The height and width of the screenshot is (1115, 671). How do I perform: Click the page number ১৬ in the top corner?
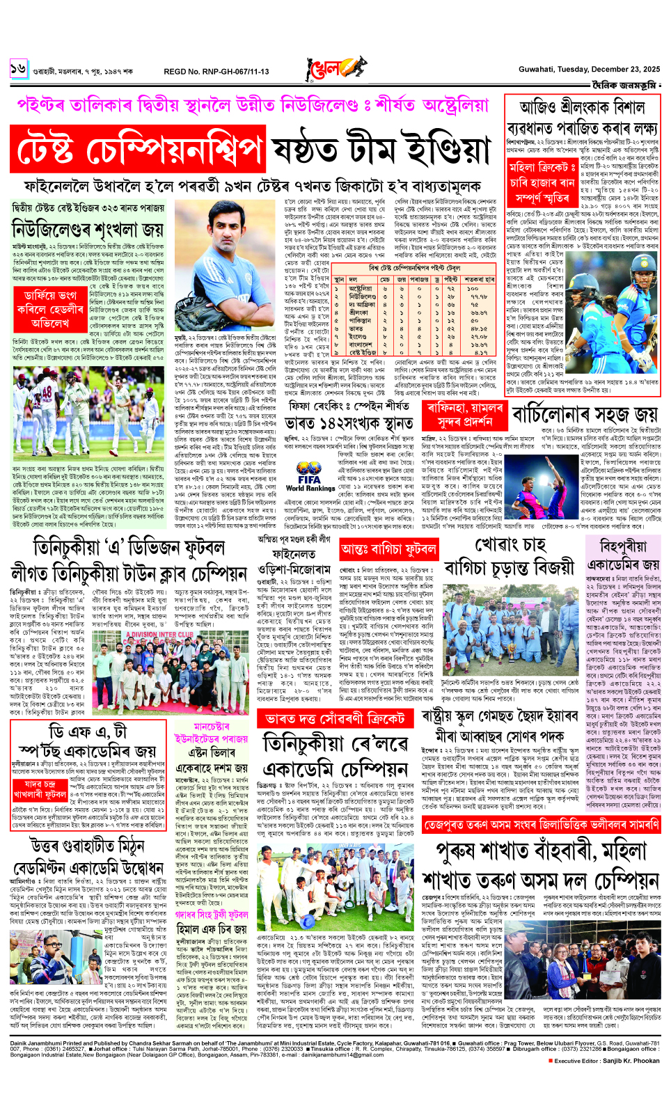pyautogui.click(x=18, y=69)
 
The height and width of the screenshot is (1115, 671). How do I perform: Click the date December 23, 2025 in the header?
pyautogui.click(x=622, y=70)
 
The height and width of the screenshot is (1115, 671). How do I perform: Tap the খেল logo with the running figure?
pyautogui.click(x=335, y=70)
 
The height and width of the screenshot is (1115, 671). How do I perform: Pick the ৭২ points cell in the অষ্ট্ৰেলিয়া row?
pyautogui.click(x=450, y=288)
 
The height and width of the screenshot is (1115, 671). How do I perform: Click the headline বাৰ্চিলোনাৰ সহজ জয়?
pyautogui.click(x=585, y=415)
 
